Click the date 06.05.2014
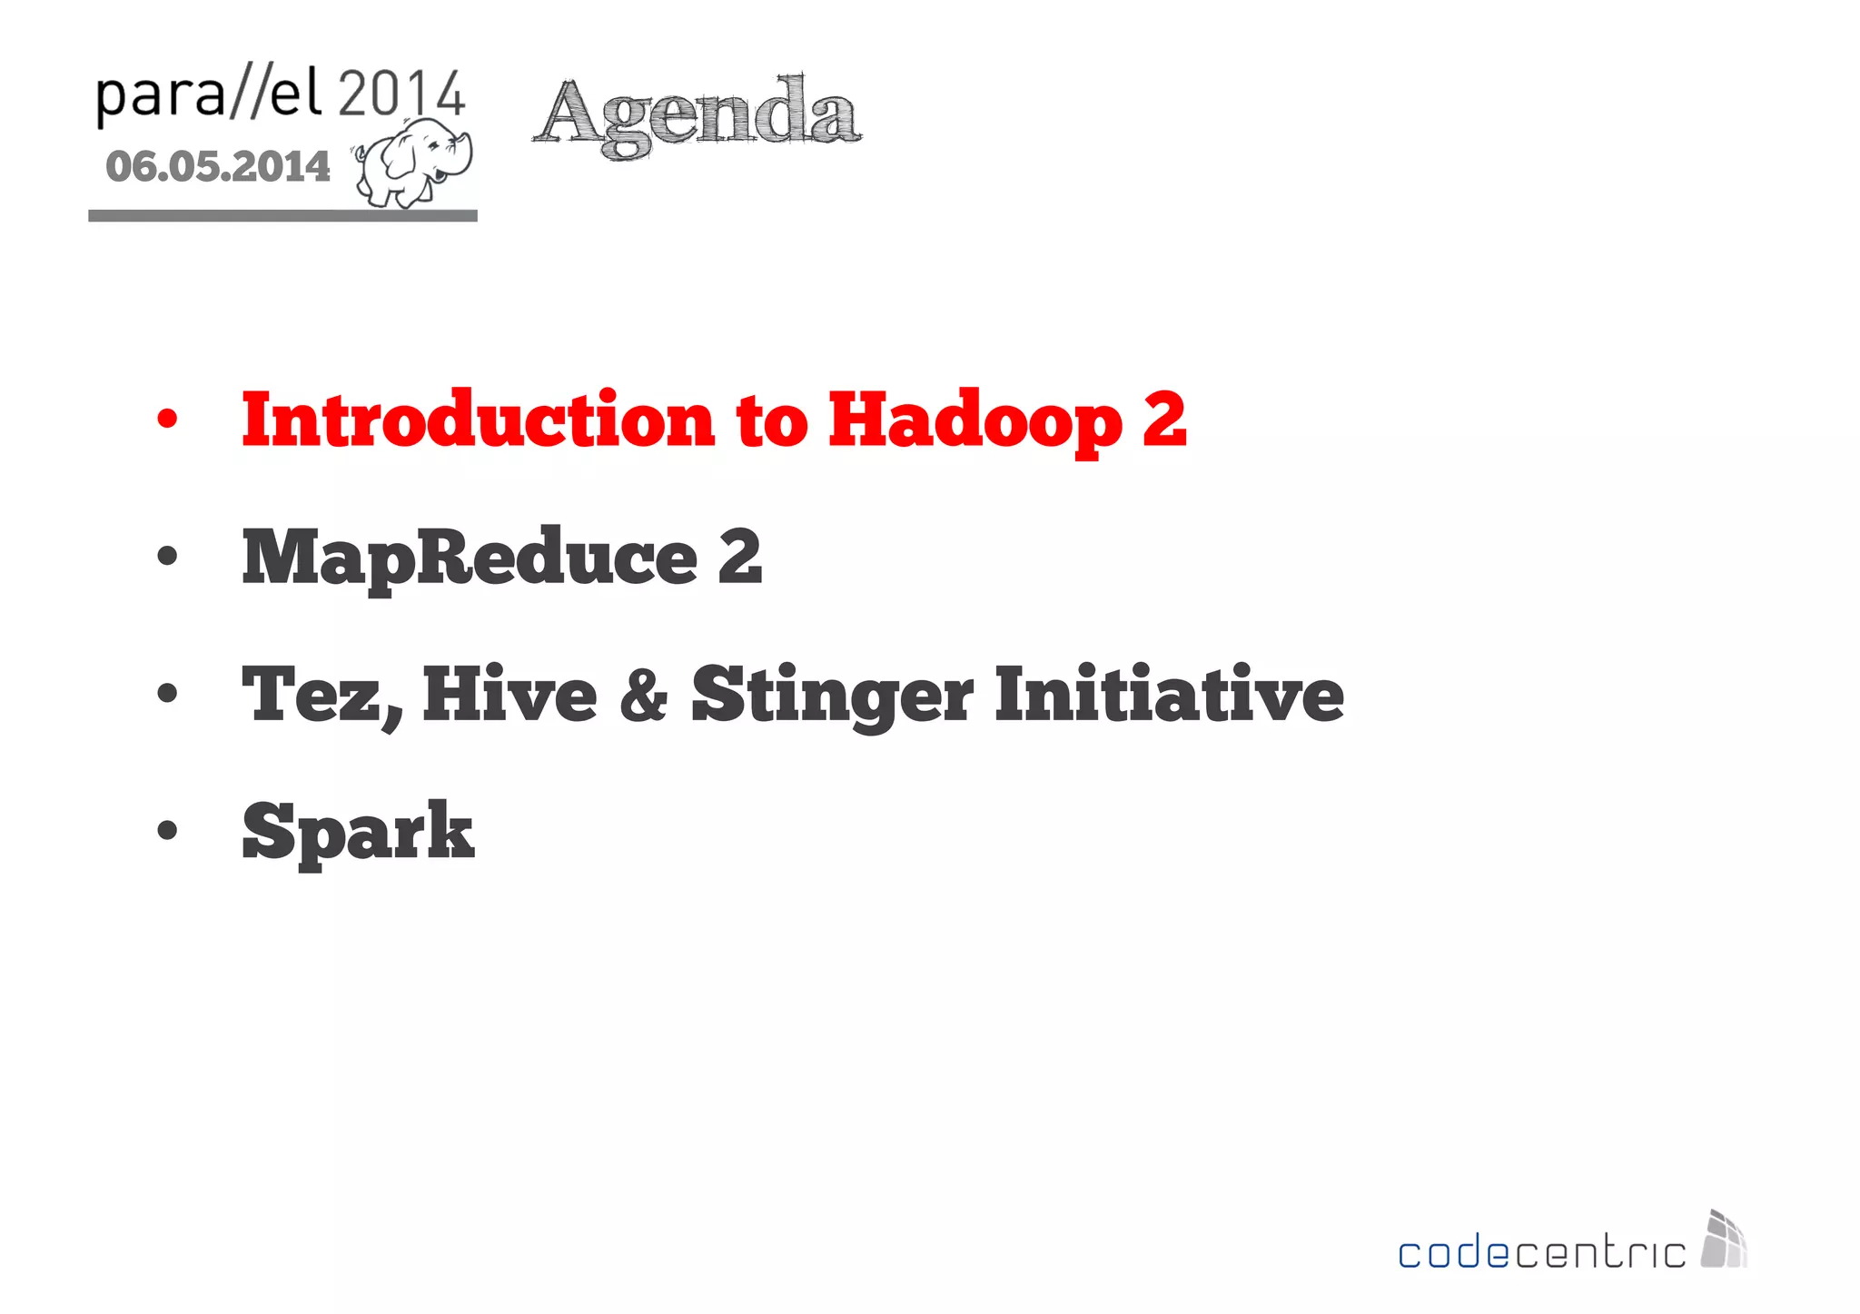click(x=218, y=167)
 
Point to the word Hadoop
click(x=975, y=421)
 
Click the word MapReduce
click(x=469, y=558)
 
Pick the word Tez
click(x=321, y=695)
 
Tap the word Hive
click(x=510, y=695)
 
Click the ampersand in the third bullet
click(x=643, y=696)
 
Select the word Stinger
click(x=831, y=696)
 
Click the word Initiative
click(x=1168, y=695)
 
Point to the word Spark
click(x=358, y=832)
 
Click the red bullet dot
click(x=167, y=420)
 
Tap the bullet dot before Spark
click(x=167, y=831)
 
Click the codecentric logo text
click(x=1541, y=1253)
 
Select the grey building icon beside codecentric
click(x=1724, y=1240)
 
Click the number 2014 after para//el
click(x=401, y=94)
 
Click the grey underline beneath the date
click(x=282, y=215)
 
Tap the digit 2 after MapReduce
click(x=739, y=558)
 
